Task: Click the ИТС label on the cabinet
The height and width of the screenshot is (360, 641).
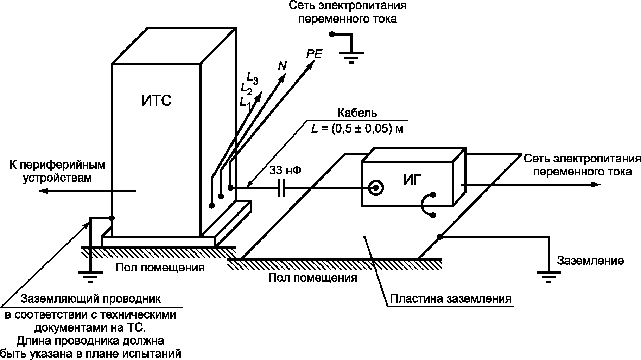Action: (x=157, y=101)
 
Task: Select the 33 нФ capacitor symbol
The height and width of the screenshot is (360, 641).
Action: (x=281, y=188)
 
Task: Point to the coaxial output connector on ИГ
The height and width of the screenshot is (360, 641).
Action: (x=376, y=188)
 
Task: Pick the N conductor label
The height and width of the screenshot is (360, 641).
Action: (x=282, y=65)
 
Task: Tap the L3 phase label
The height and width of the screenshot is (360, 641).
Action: (x=253, y=78)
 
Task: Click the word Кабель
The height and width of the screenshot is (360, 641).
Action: (x=357, y=113)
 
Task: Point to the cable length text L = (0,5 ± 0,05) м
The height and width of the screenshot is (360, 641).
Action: (x=357, y=129)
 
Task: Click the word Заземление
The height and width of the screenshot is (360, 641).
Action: (x=590, y=261)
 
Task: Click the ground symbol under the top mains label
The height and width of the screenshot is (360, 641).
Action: (x=351, y=58)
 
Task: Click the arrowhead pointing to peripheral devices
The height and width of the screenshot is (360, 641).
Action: (x=43, y=191)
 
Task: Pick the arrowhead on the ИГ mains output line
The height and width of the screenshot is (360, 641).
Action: (x=596, y=185)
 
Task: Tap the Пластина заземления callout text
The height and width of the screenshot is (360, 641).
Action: (x=451, y=299)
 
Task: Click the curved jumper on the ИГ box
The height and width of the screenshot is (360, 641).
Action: (x=425, y=205)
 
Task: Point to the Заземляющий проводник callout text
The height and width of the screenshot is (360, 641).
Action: (x=91, y=299)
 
